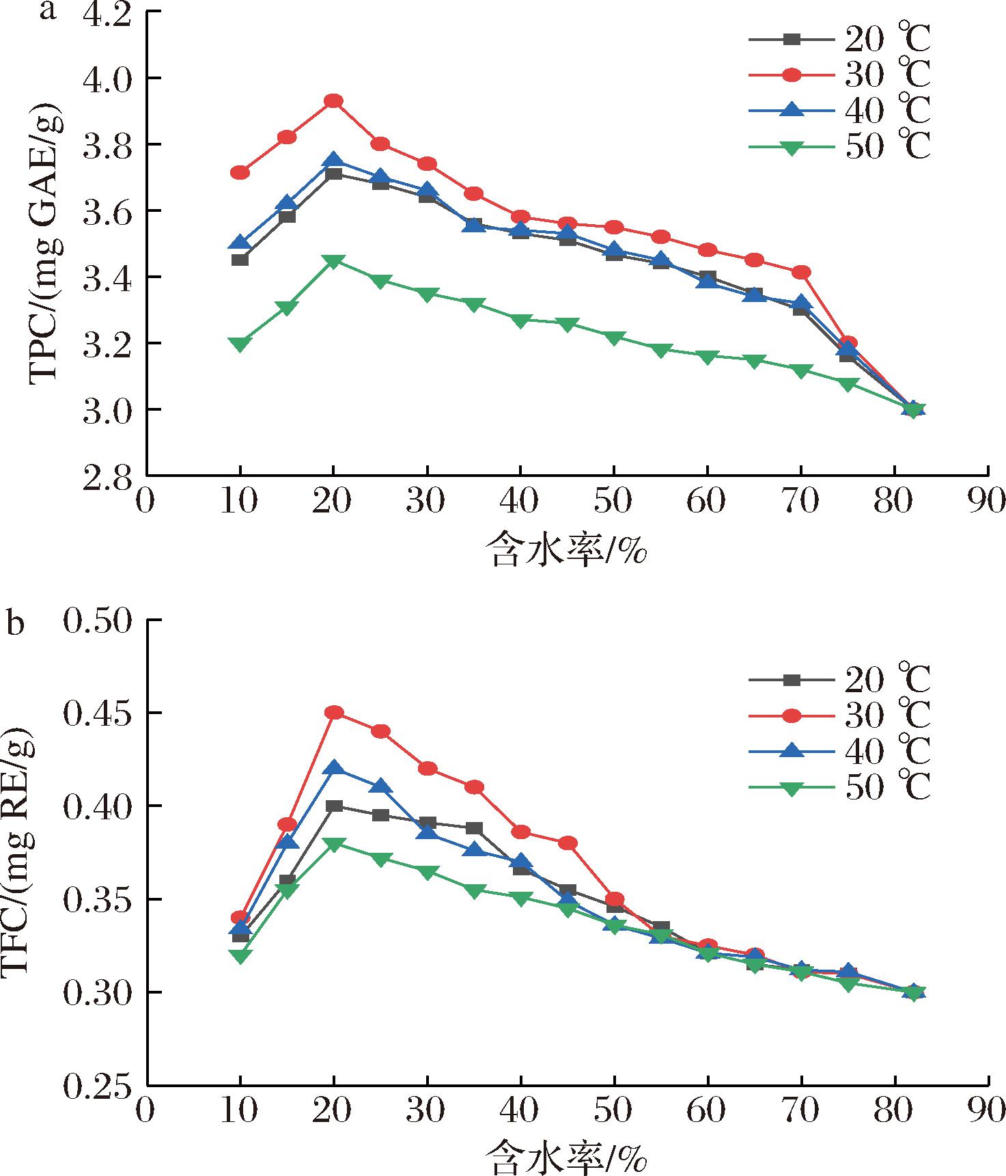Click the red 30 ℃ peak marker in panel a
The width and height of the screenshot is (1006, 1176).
[x=333, y=101]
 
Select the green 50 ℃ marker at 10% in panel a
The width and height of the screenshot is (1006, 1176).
[x=240, y=344]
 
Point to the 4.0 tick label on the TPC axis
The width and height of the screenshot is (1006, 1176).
[x=105, y=79]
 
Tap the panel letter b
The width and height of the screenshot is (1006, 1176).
[x=15, y=624]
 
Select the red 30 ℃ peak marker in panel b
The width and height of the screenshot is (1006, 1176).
[x=333, y=713]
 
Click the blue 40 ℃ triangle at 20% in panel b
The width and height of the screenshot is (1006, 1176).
[x=333, y=767]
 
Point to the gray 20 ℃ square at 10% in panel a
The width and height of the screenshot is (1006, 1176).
[x=240, y=260]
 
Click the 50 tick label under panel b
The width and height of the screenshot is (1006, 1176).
[x=613, y=1111]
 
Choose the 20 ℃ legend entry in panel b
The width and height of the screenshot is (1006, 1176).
[x=840, y=679]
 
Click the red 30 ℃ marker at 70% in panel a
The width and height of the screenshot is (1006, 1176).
[x=800, y=273]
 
